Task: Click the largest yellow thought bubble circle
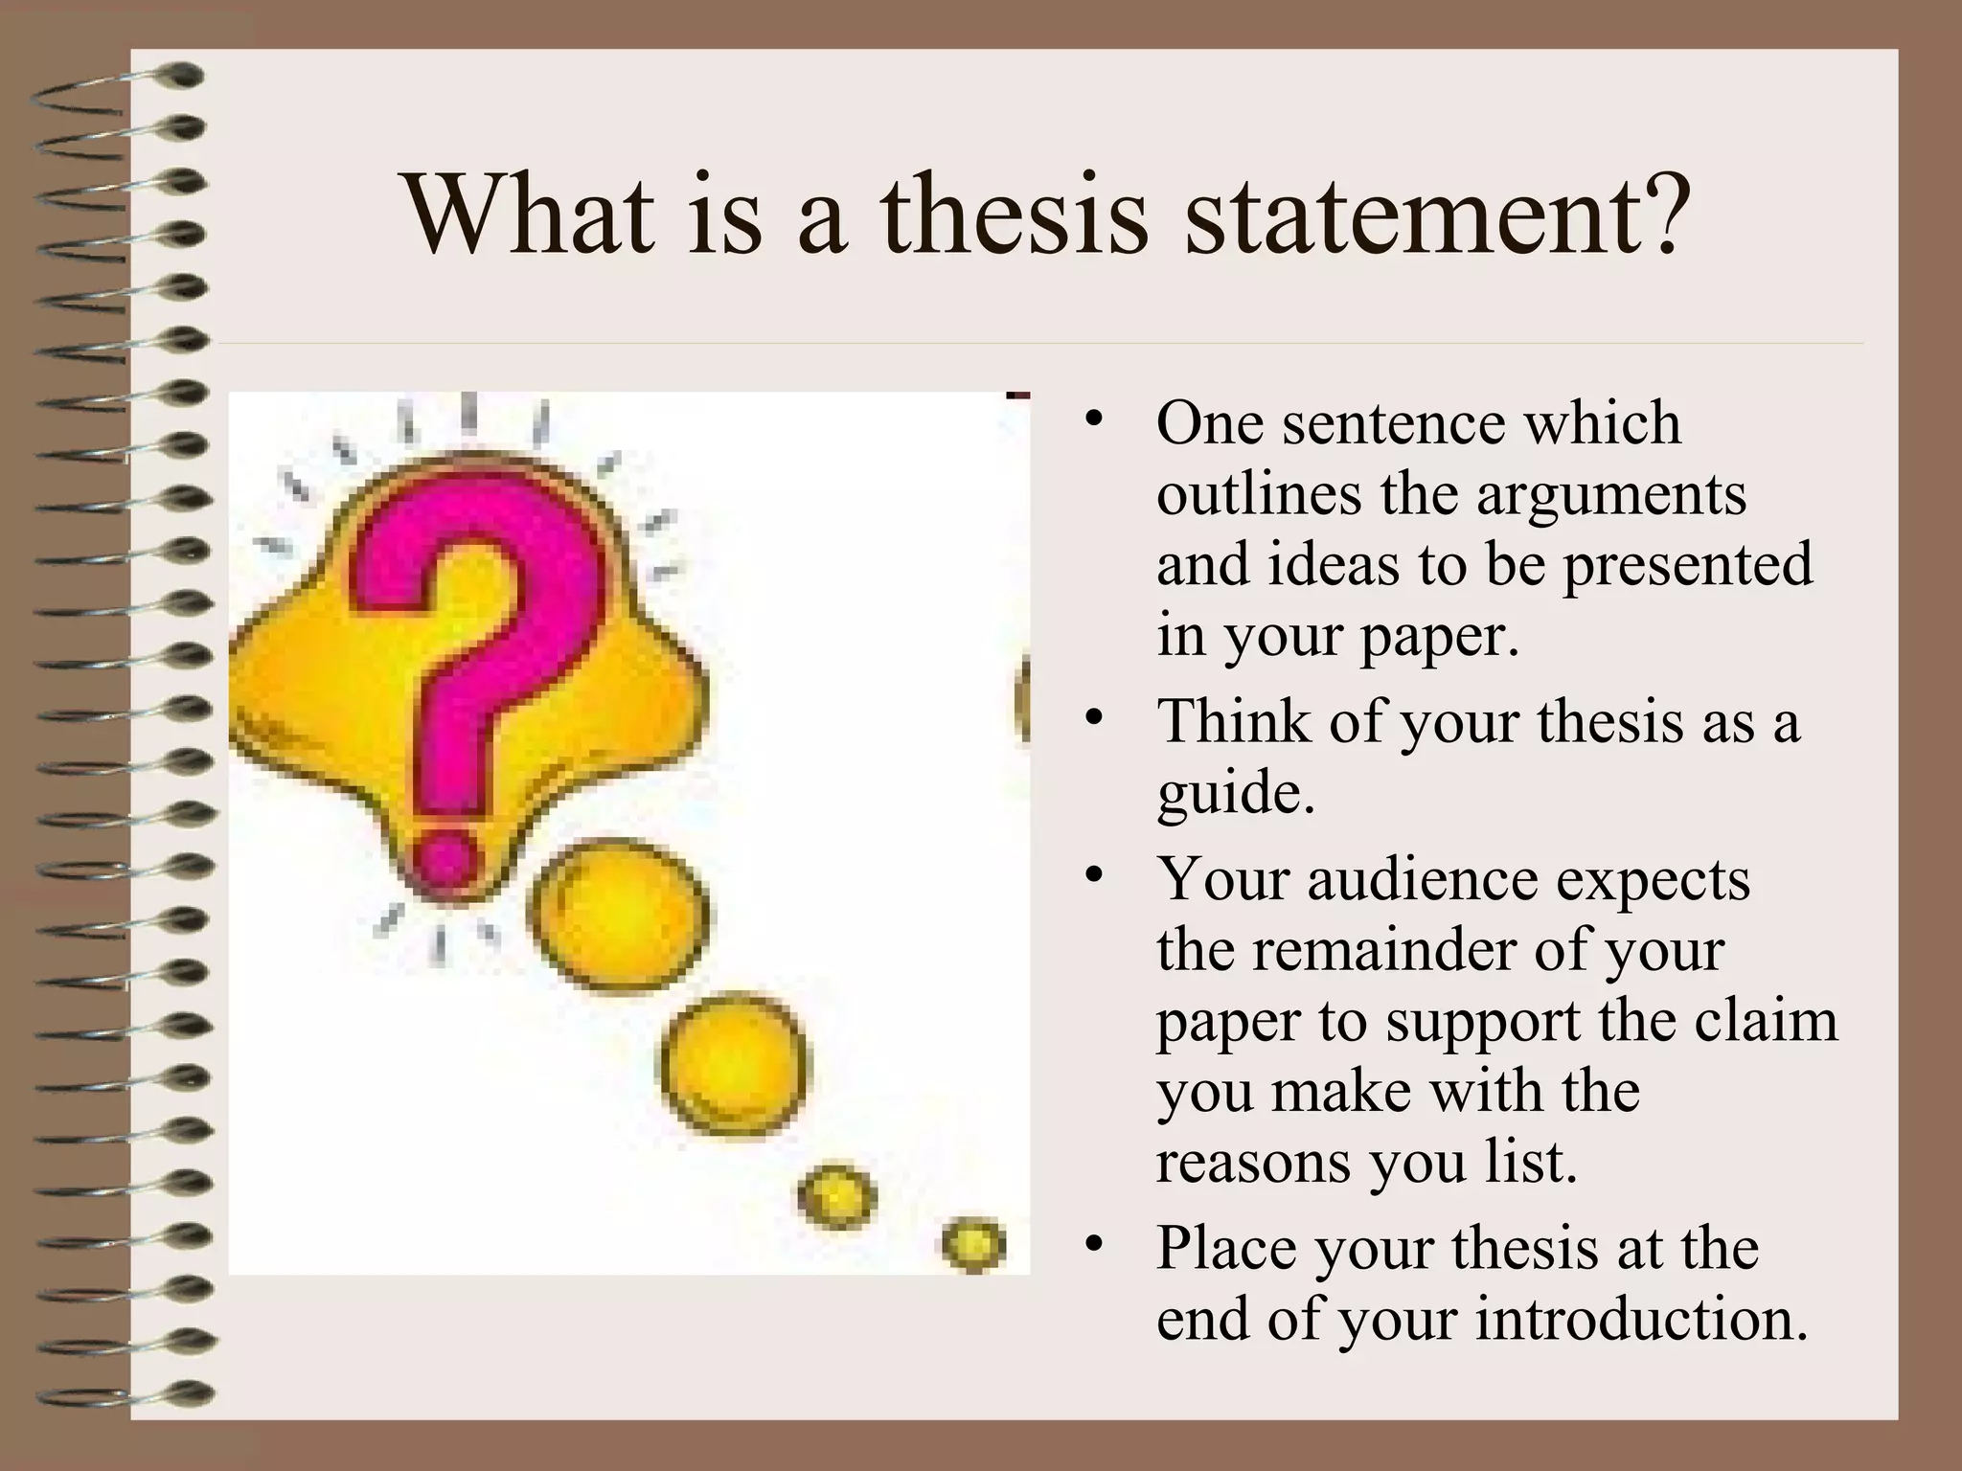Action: pyautogui.click(x=621, y=915)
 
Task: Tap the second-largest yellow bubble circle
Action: pyautogui.click(x=733, y=1062)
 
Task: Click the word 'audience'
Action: pyautogui.click(x=1423, y=879)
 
